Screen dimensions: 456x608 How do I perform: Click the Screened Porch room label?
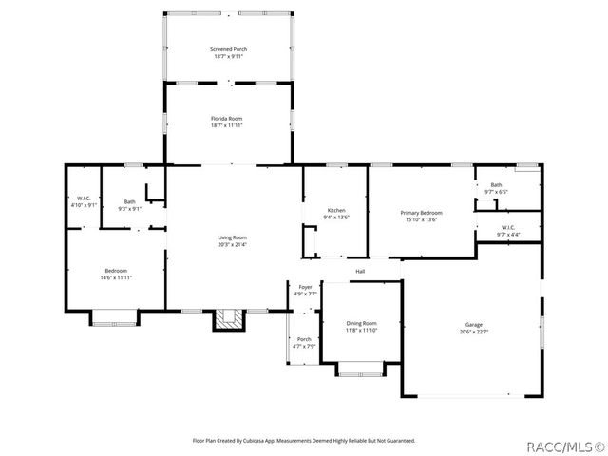coord(229,48)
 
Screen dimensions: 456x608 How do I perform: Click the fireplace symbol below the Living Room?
coord(226,320)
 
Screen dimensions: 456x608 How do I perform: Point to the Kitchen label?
coord(336,210)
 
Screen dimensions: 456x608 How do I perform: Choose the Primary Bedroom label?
coord(421,213)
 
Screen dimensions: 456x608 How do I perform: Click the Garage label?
coord(473,325)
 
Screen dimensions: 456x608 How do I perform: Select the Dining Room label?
coord(361,324)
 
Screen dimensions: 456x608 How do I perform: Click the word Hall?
coord(360,272)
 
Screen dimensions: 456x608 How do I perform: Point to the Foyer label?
coord(305,287)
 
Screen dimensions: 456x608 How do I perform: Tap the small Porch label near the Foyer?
coord(304,339)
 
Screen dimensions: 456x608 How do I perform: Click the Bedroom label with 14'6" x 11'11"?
coord(116,271)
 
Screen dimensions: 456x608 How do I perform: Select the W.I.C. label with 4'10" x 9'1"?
coord(84,199)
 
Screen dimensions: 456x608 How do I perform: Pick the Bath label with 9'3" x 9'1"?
coord(129,201)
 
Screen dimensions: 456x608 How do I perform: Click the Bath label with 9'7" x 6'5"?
coord(496,184)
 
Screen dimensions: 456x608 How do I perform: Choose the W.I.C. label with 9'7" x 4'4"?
coord(507,227)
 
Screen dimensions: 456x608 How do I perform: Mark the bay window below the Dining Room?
coord(362,370)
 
